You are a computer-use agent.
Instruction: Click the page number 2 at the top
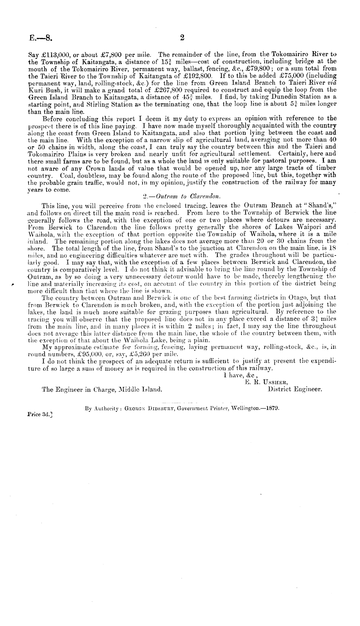click(182, 38)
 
